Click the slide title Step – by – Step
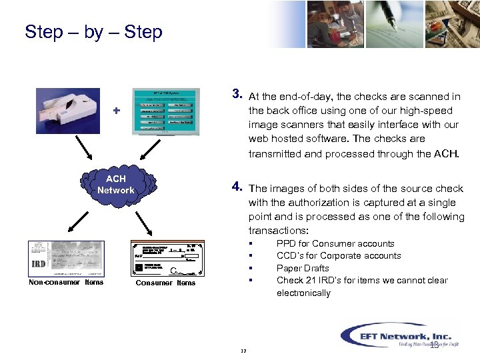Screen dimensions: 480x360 (93, 32)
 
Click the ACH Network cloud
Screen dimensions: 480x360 (115, 185)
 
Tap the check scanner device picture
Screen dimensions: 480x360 (70, 113)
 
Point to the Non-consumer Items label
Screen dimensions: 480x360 (66, 282)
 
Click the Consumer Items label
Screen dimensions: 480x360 (165, 283)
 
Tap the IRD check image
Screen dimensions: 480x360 (67, 258)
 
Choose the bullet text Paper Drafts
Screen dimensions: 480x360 (303, 268)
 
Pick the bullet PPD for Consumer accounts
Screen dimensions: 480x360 (335, 243)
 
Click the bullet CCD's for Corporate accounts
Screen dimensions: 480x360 (339, 255)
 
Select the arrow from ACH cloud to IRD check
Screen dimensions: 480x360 (78, 219)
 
